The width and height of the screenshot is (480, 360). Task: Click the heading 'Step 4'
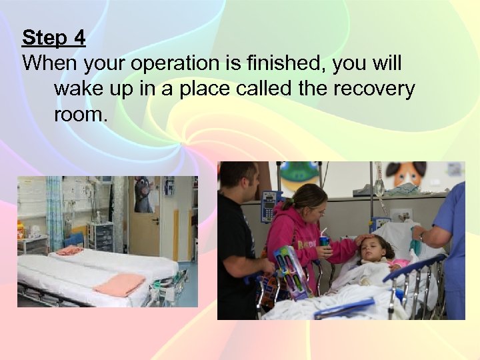(53, 38)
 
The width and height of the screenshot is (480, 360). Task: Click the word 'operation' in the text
(169, 64)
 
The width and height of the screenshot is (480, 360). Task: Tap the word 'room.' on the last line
(80, 114)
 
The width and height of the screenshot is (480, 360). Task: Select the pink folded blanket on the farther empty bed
(69, 250)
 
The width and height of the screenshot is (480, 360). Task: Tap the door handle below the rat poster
(155, 221)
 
